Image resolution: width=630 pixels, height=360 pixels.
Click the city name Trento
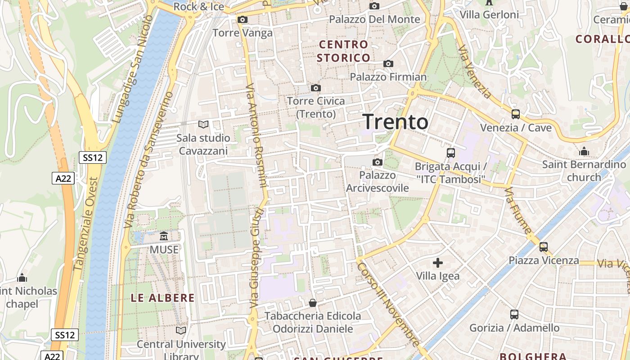[396, 122]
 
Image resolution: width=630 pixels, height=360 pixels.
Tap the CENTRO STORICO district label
[343, 51]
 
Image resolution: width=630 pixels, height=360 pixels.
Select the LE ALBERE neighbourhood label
[163, 297]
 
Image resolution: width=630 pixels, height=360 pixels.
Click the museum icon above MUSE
[164, 236]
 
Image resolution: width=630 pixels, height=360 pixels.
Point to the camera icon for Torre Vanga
[243, 20]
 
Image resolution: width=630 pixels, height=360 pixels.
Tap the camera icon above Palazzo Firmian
[388, 64]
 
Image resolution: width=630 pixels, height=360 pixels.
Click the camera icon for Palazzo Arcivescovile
[378, 162]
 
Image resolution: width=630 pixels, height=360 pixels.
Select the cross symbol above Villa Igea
[437, 263]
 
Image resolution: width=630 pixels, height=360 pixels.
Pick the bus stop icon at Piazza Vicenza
[544, 247]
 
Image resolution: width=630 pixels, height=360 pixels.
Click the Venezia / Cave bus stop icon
[516, 114]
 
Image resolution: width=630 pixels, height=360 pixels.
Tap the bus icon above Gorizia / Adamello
[514, 315]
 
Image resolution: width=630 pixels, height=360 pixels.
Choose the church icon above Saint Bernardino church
[584, 151]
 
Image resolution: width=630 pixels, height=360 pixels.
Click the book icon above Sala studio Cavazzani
[203, 124]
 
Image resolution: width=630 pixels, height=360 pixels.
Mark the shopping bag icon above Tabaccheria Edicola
[312, 303]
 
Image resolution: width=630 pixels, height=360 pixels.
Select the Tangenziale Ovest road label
[85, 224]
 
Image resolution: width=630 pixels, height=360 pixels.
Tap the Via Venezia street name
[475, 72]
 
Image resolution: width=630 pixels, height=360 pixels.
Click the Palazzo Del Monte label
[374, 19]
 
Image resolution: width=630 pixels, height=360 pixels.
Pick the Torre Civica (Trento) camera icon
[316, 88]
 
